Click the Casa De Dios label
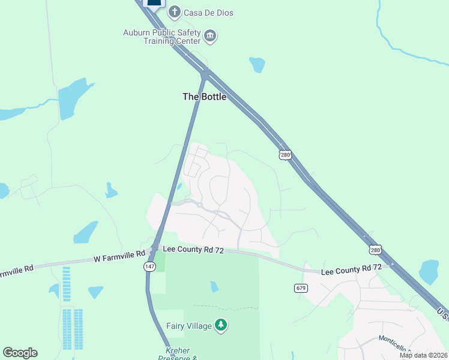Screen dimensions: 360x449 (208, 13)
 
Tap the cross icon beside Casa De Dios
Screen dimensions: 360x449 (174, 12)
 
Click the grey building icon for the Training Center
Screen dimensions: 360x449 (210, 37)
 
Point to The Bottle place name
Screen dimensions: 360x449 (204, 96)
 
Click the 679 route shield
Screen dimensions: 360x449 (301, 288)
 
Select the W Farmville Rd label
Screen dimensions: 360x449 (119, 259)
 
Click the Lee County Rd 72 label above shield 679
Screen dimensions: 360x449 (351, 271)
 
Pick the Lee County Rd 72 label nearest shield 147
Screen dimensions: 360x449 (193, 250)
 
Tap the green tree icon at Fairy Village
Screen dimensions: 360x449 (221, 326)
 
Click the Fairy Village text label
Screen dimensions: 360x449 (188, 326)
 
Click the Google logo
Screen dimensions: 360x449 (20, 353)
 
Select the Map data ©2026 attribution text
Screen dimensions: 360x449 (423, 355)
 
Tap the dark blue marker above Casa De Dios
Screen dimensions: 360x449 (154, 4)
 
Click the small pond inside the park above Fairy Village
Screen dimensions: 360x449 (214, 287)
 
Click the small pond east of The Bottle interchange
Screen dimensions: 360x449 (258, 64)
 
